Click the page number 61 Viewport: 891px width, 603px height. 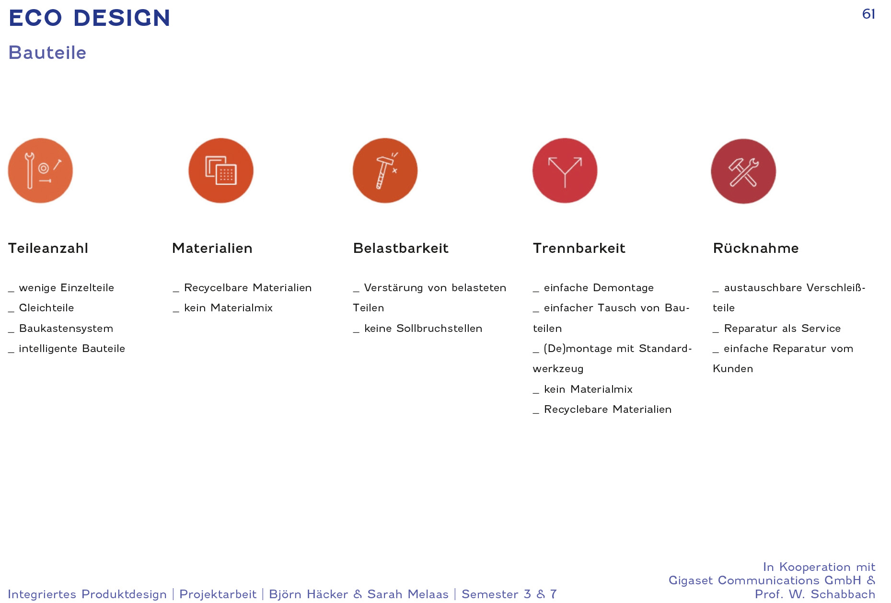(868, 14)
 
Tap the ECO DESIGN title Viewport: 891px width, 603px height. (90, 18)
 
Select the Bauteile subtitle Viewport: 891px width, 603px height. (47, 53)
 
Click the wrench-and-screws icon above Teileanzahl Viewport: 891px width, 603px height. (40, 171)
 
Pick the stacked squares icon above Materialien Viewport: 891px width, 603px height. (221, 171)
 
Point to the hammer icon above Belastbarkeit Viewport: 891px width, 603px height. (385, 171)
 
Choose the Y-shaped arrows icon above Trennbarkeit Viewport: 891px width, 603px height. (565, 171)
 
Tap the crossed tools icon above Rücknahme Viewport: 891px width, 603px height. (743, 171)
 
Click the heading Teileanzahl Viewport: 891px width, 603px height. (48, 248)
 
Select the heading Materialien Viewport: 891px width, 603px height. (212, 248)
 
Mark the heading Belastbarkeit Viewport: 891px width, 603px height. (401, 248)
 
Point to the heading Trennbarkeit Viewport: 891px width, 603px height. (579, 248)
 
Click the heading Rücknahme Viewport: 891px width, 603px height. (756, 248)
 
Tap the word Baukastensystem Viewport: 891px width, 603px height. (66, 329)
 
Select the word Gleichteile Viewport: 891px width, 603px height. (46, 308)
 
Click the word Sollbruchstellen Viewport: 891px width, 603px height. (439, 329)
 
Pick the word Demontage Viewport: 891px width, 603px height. (623, 288)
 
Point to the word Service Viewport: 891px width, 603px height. (821, 329)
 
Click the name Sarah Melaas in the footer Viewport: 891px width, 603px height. (408, 594)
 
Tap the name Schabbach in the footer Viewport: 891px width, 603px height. (843, 594)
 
